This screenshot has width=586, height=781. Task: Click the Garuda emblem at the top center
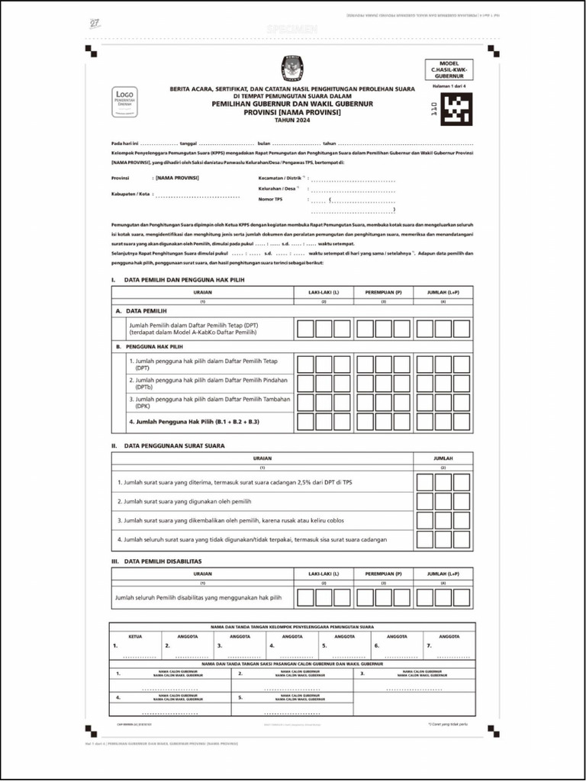coord(292,68)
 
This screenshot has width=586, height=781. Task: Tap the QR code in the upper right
coord(458,108)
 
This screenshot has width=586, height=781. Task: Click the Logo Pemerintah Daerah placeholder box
coord(125,101)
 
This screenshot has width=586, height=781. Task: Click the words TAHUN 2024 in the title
coord(292,121)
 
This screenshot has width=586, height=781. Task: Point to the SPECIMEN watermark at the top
coord(292,29)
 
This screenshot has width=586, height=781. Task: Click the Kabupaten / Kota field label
coord(130,194)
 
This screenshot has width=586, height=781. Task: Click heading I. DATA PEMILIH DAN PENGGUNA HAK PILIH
coord(178,280)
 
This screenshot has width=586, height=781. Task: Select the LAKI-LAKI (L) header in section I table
coord(324,292)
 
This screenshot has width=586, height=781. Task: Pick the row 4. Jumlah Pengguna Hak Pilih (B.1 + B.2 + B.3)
coord(195,421)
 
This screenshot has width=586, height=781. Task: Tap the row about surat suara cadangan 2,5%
coord(234,482)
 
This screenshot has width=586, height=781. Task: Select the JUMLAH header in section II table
coord(443,458)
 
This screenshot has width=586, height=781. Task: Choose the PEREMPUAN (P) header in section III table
coord(383,573)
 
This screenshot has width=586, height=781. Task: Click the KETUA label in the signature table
coord(136,635)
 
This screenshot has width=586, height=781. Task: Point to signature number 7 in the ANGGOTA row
coord(430,646)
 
